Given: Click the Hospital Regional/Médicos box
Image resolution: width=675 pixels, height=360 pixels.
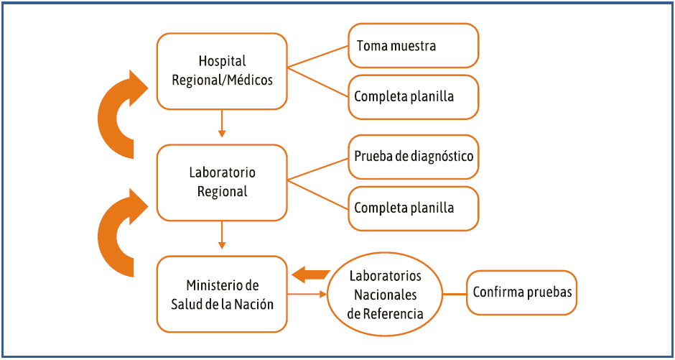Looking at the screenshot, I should coord(222,70).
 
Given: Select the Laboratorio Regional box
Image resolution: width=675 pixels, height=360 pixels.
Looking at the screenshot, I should coord(222,183).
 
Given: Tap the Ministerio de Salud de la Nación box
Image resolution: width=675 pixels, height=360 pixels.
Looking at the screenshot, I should coord(222,294).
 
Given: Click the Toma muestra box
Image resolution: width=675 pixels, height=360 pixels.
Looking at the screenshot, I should coord(413,46).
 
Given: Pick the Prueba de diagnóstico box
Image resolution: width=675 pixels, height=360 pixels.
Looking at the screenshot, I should coord(413,156).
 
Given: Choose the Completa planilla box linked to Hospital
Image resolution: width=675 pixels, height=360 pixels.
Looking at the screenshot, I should coord(413,96).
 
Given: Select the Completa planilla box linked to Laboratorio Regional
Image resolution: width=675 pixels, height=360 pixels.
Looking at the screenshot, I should coord(413,208).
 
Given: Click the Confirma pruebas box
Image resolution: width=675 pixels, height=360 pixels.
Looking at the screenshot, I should coord(521,292).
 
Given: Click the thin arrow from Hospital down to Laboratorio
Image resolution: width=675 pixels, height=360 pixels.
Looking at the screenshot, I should coord(222,123).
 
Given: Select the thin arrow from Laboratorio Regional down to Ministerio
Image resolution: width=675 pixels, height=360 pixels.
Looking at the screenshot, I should coord(222,235).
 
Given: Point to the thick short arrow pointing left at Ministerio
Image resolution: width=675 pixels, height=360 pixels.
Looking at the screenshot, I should coord(310,274).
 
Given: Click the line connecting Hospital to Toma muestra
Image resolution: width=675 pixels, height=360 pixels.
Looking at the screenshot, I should coord(318,57).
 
